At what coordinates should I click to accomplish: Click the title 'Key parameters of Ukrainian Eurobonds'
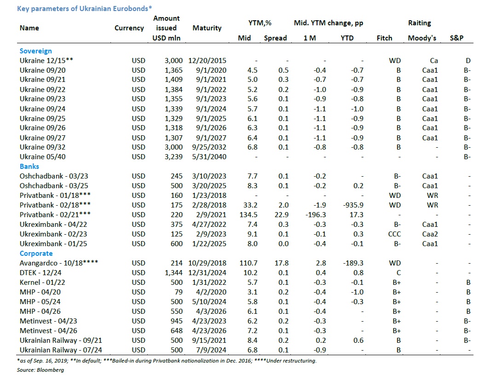tap(85, 8)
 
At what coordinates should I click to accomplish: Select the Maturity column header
tap(207, 28)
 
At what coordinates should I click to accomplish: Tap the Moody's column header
tap(422, 38)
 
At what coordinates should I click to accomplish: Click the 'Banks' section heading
tap(29, 167)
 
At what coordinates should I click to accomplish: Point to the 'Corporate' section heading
tap(36, 254)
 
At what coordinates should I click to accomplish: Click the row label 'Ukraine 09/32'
tap(39, 147)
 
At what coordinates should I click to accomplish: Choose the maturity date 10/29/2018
tap(208, 263)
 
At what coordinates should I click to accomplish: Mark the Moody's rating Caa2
tap(430, 234)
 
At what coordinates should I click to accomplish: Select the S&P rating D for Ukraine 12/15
tap(468, 60)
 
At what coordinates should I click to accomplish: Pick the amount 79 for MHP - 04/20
tap(179, 292)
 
